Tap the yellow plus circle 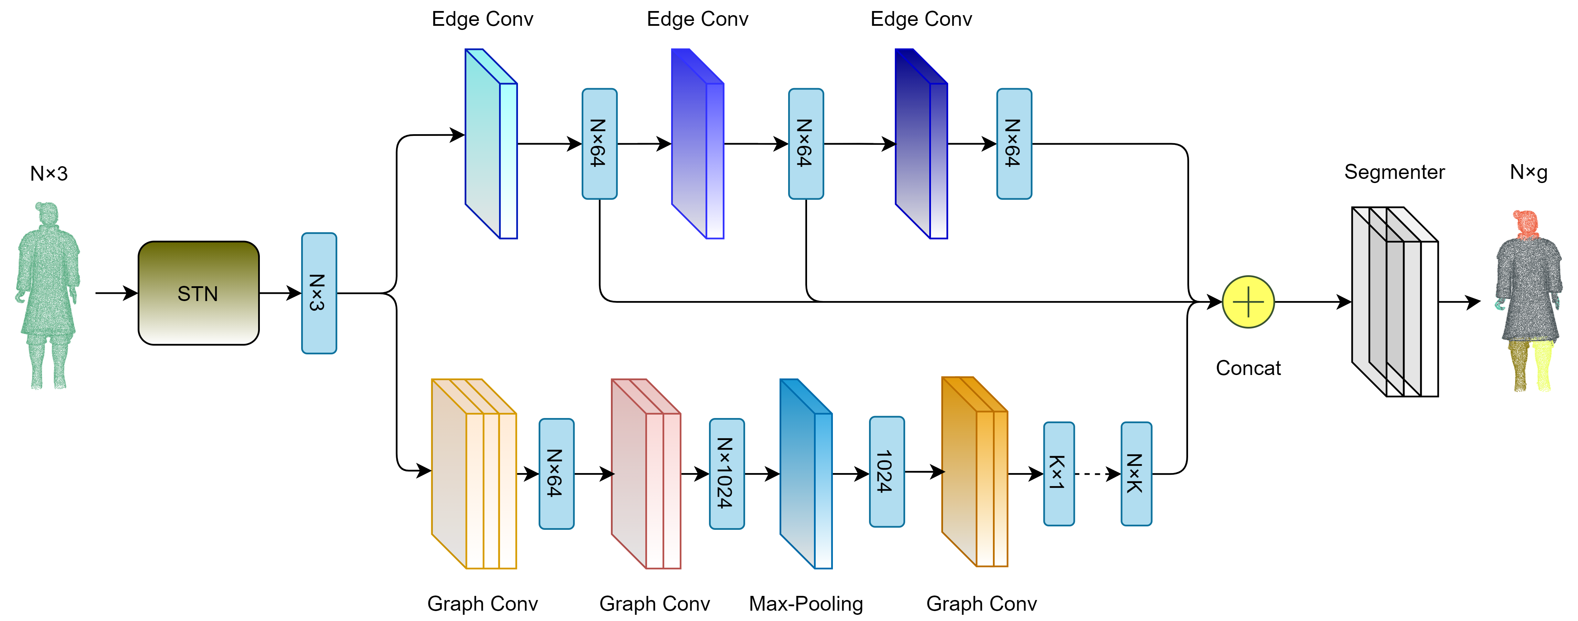pos(1248,302)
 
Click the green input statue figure pos(47,294)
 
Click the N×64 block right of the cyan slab pos(599,144)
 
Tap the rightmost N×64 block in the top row pos(1014,144)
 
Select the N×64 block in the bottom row pos(556,473)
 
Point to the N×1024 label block pos(727,473)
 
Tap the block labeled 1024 pos(887,472)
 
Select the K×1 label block pos(1059,473)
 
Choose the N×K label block pos(1136,473)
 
